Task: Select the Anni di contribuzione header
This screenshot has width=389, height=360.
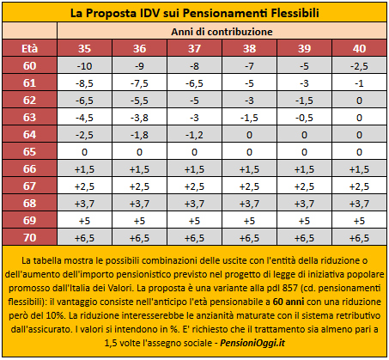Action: [x=222, y=32]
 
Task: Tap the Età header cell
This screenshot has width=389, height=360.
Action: [x=29, y=48]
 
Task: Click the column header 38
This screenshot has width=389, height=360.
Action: [x=249, y=48]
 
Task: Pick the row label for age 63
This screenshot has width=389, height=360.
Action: [x=29, y=118]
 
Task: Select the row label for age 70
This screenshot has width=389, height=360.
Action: [x=29, y=238]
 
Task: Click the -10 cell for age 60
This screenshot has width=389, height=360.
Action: [x=84, y=66]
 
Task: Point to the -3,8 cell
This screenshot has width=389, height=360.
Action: [x=139, y=118]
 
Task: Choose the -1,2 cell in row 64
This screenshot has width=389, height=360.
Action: [x=194, y=135]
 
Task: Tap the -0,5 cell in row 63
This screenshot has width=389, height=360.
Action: [x=304, y=118]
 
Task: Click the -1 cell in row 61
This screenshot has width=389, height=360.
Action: [x=359, y=83]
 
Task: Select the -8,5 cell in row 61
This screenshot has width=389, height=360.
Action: [x=84, y=83]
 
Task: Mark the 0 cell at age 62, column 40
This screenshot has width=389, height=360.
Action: [x=359, y=101]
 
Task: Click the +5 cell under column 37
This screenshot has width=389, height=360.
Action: [x=194, y=221]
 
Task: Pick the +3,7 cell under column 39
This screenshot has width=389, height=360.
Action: [x=304, y=204]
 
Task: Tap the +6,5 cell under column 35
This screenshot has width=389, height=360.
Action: [x=84, y=238]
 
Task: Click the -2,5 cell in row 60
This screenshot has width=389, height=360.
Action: [x=359, y=66]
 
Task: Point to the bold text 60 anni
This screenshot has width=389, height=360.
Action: [x=289, y=302]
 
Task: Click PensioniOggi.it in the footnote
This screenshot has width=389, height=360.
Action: [x=252, y=343]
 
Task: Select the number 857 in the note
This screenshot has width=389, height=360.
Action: [x=289, y=288]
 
